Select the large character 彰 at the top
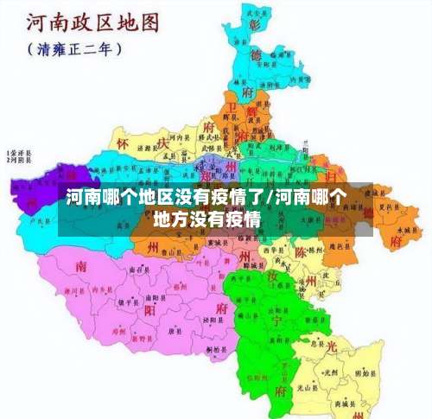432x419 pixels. pyautogui.click(x=254, y=25)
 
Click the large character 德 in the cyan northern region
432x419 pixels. pyautogui.click(x=255, y=55)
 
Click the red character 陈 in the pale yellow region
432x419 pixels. pyautogui.click(x=302, y=252)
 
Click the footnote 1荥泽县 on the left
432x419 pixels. pyautogui.click(x=18, y=150)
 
